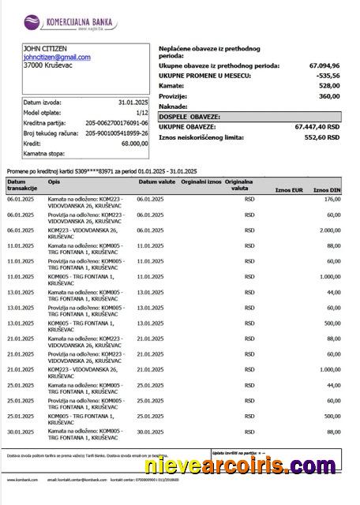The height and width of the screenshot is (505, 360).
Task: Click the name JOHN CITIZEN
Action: coord(45,49)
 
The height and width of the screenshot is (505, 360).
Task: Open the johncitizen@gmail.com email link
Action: coord(57,58)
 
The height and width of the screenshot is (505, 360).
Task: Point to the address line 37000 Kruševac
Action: coord(48,66)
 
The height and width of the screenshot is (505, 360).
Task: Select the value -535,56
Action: coord(328,76)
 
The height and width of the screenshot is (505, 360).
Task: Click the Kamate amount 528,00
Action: coord(329,86)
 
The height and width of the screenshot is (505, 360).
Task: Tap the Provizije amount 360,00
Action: coord(329,96)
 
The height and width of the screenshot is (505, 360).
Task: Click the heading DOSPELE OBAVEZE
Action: coord(189,116)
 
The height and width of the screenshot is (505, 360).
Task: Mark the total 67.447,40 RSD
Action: coord(317,126)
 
